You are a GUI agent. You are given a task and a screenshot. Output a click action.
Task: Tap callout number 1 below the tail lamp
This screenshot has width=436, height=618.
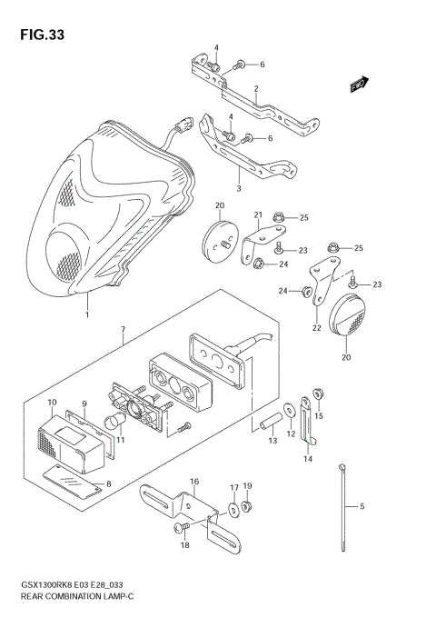point(87,314)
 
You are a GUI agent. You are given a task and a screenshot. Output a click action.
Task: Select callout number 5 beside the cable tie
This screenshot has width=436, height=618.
point(362,505)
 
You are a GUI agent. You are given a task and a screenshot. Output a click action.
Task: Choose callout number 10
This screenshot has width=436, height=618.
point(53,402)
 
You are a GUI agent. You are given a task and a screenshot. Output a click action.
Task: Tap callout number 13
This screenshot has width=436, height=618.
point(272,441)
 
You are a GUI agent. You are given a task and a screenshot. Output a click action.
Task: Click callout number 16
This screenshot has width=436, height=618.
point(194,481)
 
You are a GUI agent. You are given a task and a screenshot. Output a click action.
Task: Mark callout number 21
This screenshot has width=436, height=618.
point(258,215)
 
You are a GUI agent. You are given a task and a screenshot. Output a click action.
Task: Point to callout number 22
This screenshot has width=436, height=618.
point(317,328)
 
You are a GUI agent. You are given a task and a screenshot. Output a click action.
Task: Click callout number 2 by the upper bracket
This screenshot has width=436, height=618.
point(257,88)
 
